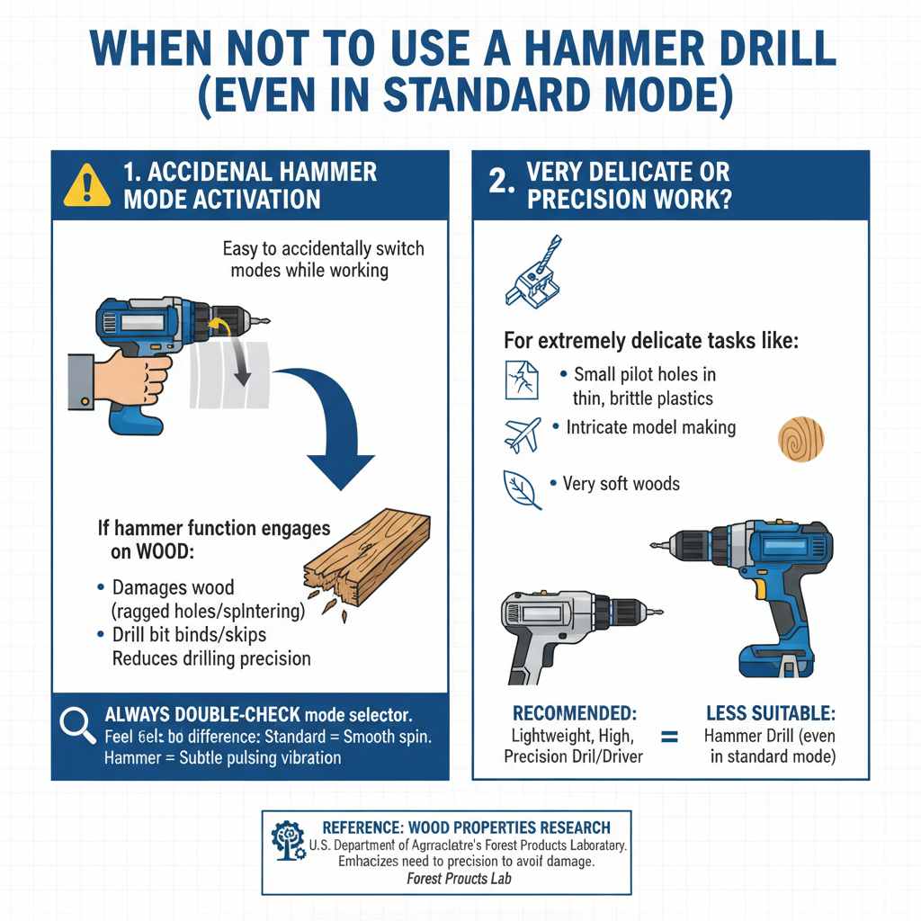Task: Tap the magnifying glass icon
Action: [x=78, y=726]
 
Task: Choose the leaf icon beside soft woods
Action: [x=522, y=489]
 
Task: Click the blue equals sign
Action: [x=669, y=737]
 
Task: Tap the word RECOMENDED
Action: [x=573, y=713]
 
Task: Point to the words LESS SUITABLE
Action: [x=771, y=713]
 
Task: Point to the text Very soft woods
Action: [x=621, y=484]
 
